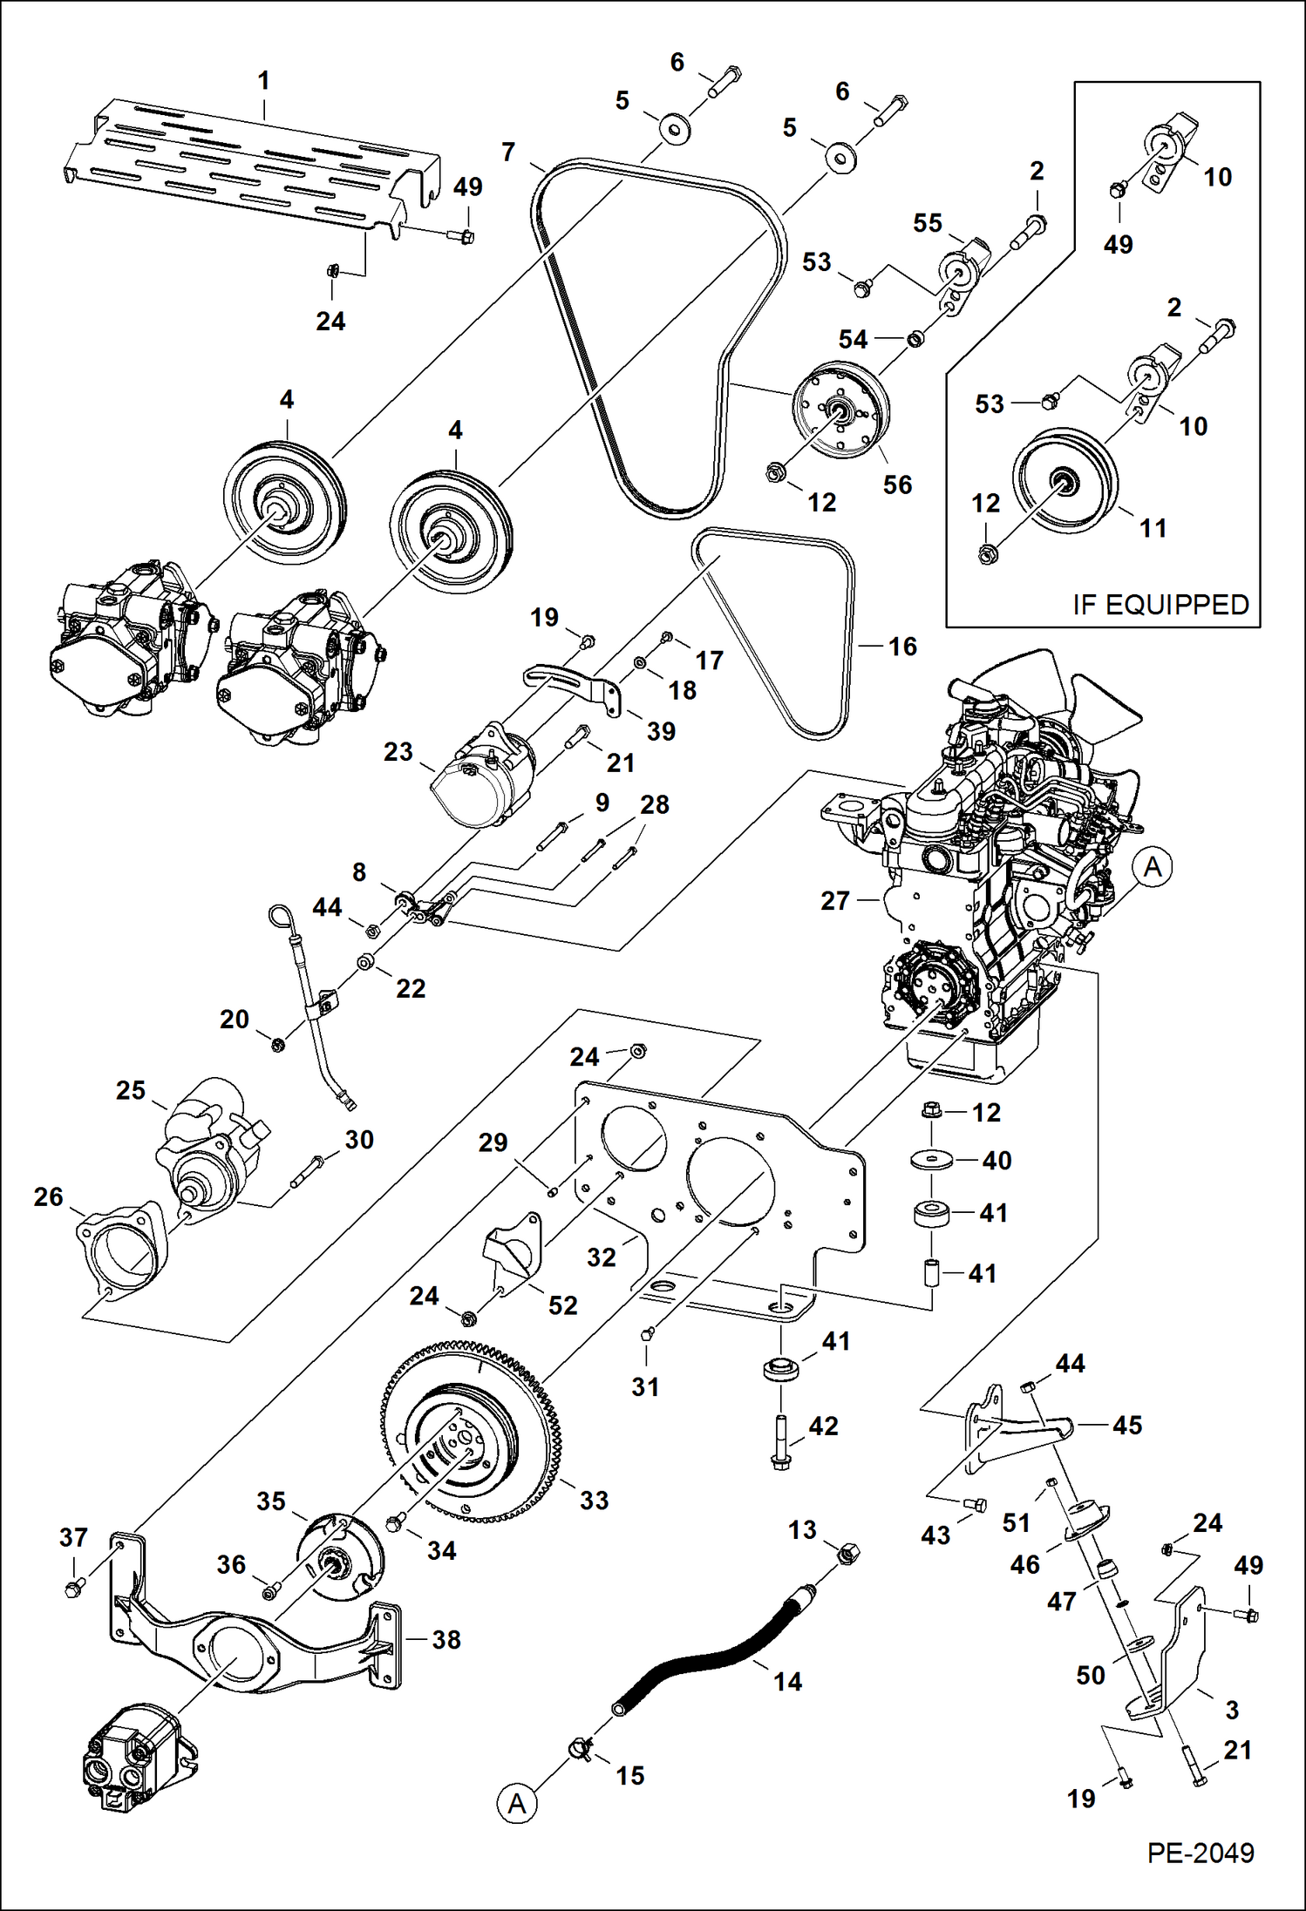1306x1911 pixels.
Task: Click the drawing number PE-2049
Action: pos(1200,1852)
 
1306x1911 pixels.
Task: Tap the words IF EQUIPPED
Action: pos(1160,604)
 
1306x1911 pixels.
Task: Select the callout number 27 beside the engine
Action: pos(834,900)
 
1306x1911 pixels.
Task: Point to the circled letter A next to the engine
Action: pos(1153,867)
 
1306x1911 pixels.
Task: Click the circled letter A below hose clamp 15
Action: pos(517,1803)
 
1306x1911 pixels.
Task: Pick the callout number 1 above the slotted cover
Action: pos(263,81)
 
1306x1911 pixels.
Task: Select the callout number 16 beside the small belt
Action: pos(902,647)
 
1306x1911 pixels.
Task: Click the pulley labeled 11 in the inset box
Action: pos(1065,481)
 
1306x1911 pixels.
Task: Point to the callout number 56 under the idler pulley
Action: pos(897,485)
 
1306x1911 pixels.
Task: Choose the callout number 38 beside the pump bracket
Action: pos(446,1639)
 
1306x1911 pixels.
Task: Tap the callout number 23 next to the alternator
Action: pos(398,751)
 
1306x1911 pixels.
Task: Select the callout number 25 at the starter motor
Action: pos(131,1090)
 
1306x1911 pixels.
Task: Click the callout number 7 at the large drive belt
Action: pos(508,152)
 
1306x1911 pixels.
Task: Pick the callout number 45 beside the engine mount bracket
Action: pos(1126,1425)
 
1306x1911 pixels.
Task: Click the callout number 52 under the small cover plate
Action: pos(562,1305)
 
